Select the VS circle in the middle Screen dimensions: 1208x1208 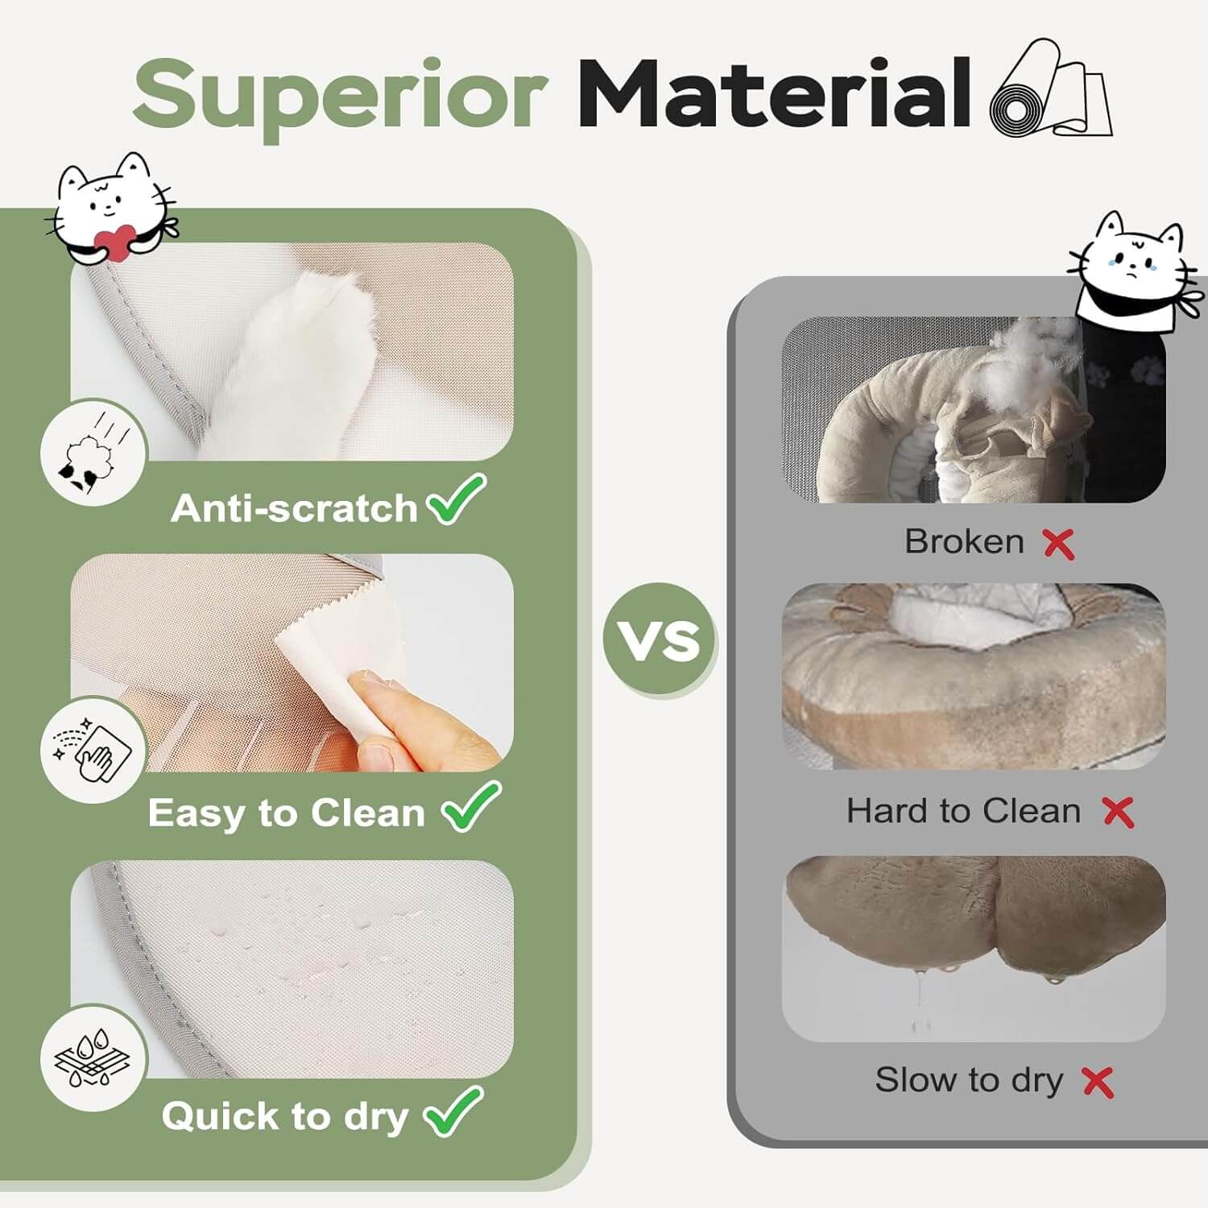tap(660, 639)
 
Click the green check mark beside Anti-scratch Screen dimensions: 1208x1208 tap(457, 499)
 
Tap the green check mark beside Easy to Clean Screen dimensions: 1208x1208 tap(471, 806)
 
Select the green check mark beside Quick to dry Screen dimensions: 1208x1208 tap(453, 1111)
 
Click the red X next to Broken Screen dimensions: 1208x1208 tap(1058, 544)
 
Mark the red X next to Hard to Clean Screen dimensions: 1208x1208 tap(1118, 812)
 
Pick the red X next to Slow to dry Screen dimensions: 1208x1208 tap(1098, 1082)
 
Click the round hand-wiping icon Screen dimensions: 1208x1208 tap(93, 749)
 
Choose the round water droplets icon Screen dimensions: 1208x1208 tap(93, 1057)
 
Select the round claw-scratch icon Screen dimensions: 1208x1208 tap(93, 452)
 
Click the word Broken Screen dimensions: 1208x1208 tap(964, 541)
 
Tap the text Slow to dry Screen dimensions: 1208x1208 tap(969, 1081)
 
